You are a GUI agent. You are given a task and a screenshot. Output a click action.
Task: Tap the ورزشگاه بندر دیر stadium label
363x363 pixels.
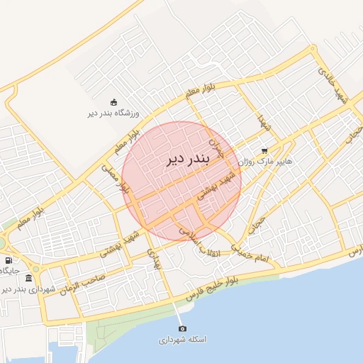click(x=115, y=113)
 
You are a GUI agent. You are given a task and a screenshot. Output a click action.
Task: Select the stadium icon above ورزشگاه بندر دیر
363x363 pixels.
click(x=115, y=102)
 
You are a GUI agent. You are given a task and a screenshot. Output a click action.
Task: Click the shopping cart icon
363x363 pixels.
click(x=264, y=151)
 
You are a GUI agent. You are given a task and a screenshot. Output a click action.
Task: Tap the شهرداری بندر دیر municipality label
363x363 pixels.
click(x=26, y=289)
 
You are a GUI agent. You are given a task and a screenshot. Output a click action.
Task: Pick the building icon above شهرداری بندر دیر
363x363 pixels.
click(x=28, y=278)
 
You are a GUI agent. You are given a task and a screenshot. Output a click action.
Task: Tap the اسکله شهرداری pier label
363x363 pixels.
click(x=182, y=340)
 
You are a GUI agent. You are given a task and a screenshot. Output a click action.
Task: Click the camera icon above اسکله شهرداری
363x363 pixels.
click(x=182, y=329)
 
